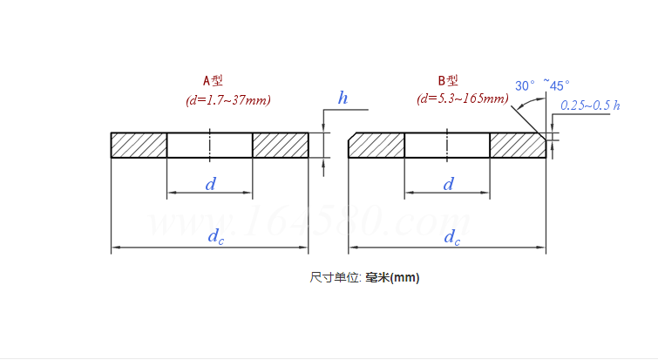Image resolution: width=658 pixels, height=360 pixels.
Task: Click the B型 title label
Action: (x=449, y=80)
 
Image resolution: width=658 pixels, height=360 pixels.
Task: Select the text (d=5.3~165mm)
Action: (x=463, y=98)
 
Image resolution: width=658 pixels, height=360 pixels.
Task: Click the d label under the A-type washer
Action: (x=210, y=184)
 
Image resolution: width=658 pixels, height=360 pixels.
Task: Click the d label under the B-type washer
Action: (x=448, y=184)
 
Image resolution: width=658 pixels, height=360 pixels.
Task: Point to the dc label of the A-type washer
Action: (x=214, y=237)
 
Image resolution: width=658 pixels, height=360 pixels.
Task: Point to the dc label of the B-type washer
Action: (x=451, y=237)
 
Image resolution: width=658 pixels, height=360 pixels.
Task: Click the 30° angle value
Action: (x=525, y=85)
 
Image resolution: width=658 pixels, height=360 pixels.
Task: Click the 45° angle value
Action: (x=559, y=85)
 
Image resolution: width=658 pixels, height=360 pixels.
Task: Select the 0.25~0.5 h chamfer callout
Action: (x=590, y=105)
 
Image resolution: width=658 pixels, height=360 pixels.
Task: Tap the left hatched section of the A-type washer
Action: (x=139, y=145)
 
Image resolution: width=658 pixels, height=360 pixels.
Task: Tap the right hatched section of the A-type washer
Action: (x=281, y=145)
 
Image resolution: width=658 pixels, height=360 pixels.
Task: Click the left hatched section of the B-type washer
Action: (x=376, y=145)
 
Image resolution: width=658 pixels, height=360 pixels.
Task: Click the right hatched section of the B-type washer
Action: (x=517, y=145)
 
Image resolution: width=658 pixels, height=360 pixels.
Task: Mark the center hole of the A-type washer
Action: (x=210, y=145)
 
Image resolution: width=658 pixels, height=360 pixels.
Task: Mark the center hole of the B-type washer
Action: (x=447, y=145)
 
